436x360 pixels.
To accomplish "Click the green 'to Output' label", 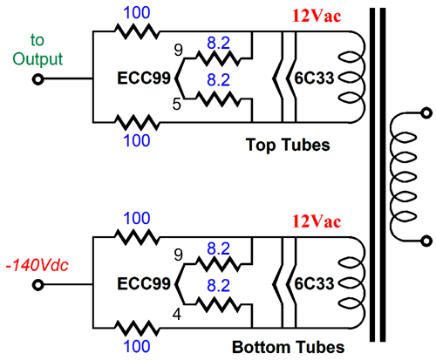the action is coord(37,50).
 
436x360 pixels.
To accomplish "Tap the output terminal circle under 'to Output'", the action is coord(38,79).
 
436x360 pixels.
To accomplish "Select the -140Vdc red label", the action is coord(37,265).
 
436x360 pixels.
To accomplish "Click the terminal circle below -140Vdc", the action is coord(38,285).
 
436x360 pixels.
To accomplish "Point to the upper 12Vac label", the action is coord(317,16).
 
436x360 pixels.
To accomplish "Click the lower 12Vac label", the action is coord(317,221).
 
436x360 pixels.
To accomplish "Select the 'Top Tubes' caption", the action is coord(288,145).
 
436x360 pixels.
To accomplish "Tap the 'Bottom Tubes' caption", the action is coord(288,347).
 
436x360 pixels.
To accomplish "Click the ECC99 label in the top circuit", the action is coord(144,78).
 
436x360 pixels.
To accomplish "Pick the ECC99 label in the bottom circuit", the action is coord(144,283).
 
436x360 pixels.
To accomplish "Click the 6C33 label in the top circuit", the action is coord(314,78).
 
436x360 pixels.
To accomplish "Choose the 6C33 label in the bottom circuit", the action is coord(314,283).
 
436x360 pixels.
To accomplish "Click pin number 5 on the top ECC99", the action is coord(177,104).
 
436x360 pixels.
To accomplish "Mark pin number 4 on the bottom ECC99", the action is coord(177,314).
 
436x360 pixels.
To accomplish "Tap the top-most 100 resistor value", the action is coord(137,13).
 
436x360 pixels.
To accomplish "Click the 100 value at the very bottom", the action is coord(137,346).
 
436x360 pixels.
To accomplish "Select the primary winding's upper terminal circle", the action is coord(426,112).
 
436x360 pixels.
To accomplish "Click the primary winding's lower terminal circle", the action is coord(426,241).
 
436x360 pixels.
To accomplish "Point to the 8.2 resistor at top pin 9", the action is coord(219,58).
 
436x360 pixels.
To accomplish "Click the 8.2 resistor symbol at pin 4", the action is coord(219,304).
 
